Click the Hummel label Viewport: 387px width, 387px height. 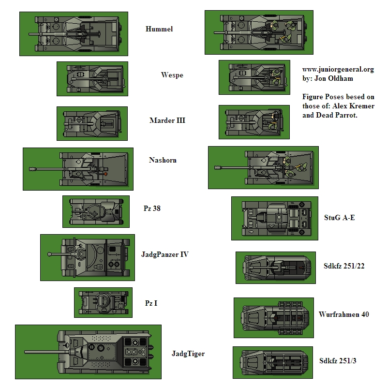point(159,29)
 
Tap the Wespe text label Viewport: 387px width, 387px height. point(172,75)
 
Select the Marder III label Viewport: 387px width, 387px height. point(167,120)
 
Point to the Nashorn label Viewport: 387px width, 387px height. point(163,160)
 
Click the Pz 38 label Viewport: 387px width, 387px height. point(152,208)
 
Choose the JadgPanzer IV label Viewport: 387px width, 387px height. point(164,254)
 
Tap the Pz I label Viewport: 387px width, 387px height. point(151,303)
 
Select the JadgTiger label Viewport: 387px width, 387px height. point(188,354)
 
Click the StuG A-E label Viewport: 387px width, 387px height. point(340,218)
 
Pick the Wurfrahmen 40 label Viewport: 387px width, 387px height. point(344,314)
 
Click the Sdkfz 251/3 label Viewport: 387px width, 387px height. point(338,360)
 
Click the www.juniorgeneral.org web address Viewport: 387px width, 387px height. point(338,69)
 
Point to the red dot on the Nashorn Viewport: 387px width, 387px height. point(105,173)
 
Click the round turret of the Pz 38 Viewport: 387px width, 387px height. point(96,211)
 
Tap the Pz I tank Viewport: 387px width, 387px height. point(103,302)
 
